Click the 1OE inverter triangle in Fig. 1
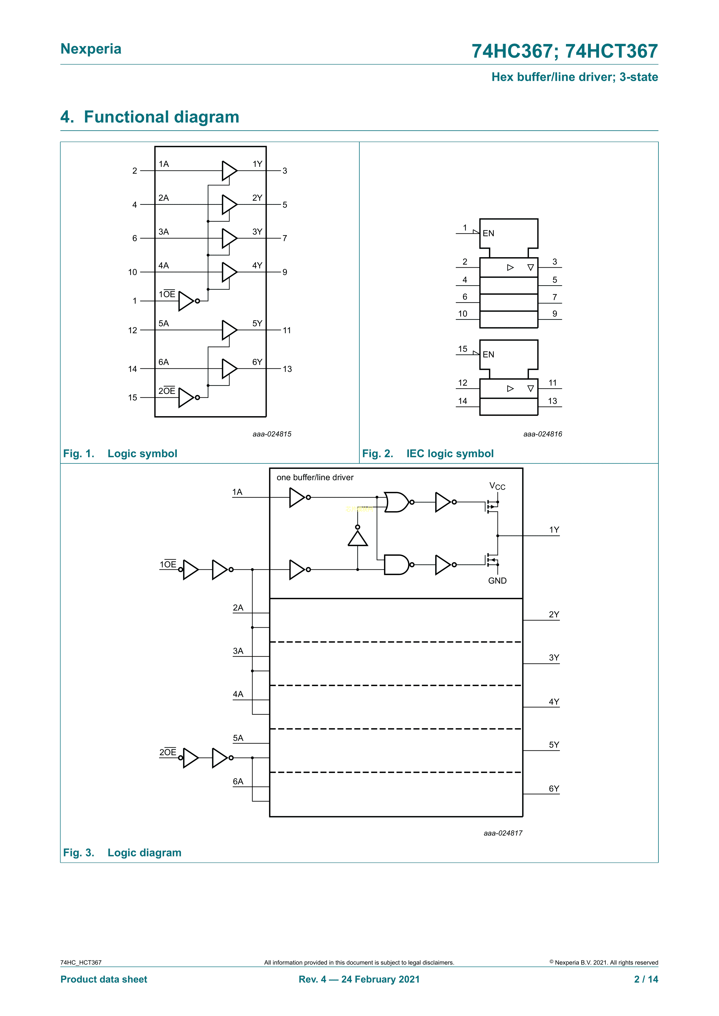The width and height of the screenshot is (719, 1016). click(186, 301)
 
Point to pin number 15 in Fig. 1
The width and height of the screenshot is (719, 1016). click(132, 397)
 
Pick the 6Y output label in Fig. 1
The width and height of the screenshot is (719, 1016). click(257, 362)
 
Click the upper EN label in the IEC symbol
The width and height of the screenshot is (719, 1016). click(488, 233)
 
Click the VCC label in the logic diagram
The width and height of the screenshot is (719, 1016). click(497, 486)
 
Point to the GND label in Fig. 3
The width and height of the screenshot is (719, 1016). click(497, 581)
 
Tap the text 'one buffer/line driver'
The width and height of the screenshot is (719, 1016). click(315, 478)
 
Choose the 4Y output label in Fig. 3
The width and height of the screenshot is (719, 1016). click(554, 702)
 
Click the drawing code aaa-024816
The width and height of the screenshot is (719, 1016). click(542, 434)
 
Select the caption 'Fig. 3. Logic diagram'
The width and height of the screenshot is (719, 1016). click(122, 853)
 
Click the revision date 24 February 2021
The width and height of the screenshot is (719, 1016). click(380, 979)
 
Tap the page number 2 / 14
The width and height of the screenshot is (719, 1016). click(646, 979)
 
